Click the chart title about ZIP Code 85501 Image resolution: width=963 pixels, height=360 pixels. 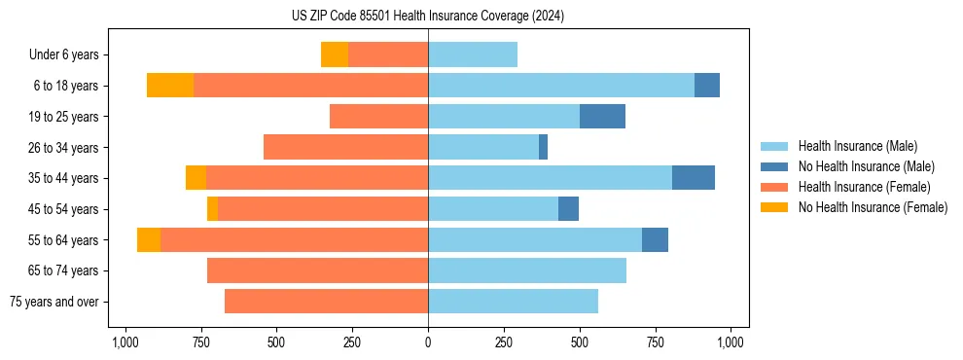pyautogui.click(x=428, y=16)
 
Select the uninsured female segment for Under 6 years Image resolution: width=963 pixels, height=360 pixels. pyautogui.click(x=335, y=54)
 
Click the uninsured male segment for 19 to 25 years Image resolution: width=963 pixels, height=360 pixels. pyautogui.click(x=602, y=117)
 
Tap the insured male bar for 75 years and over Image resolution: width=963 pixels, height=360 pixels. pyautogui.click(x=513, y=302)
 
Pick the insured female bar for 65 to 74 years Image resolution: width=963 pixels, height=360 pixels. pyautogui.click(x=317, y=270)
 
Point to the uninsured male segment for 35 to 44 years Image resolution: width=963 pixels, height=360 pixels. pyautogui.click(x=693, y=178)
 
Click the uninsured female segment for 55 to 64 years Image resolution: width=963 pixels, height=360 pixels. pyautogui.click(x=149, y=240)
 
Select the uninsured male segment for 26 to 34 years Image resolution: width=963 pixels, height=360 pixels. pyautogui.click(x=543, y=147)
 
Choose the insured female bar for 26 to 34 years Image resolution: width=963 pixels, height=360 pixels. pyautogui.click(x=345, y=147)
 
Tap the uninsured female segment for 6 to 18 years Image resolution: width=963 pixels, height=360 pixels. pyautogui.click(x=170, y=86)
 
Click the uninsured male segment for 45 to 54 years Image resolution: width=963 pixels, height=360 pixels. pyautogui.click(x=568, y=209)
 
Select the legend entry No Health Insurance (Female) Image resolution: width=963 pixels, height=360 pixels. pyautogui.click(x=873, y=207)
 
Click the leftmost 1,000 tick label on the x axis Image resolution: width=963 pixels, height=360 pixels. pyautogui.click(x=124, y=342)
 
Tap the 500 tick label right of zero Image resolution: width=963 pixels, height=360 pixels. pyautogui.click(x=580, y=342)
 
